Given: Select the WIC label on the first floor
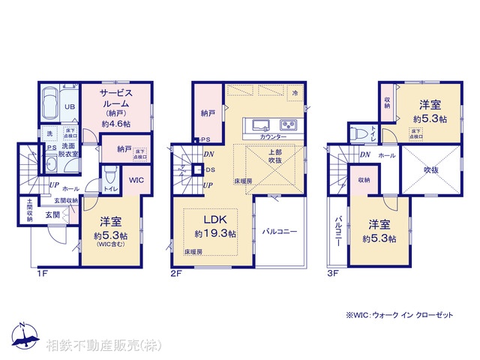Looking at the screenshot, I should pyautogui.click(x=136, y=180).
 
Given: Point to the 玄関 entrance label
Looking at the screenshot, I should pyautogui.click(x=52, y=215).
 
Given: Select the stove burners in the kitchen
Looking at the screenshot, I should pyautogui.click(x=289, y=124).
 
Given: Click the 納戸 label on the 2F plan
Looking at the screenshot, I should pyautogui.click(x=208, y=113).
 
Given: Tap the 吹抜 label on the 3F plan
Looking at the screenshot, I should pyautogui.click(x=430, y=170).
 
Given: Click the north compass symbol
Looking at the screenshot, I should pyautogui.click(x=24, y=337).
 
